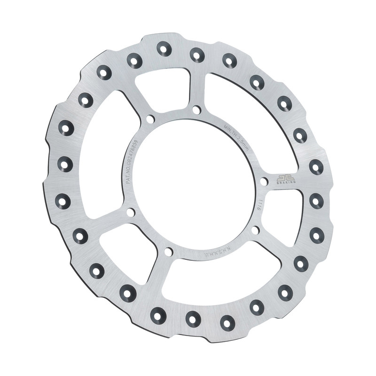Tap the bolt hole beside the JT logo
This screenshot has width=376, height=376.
pyautogui.click(x=264, y=181)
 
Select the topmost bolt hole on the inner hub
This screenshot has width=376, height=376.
pyautogui.click(x=196, y=110)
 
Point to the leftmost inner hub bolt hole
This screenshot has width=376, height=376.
pyautogui.click(x=131, y=212)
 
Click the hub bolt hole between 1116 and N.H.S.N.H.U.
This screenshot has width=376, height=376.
pyautogui.click(x=255, y=230)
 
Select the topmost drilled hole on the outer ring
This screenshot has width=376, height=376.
pyautogui.click(x=164, y=48)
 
